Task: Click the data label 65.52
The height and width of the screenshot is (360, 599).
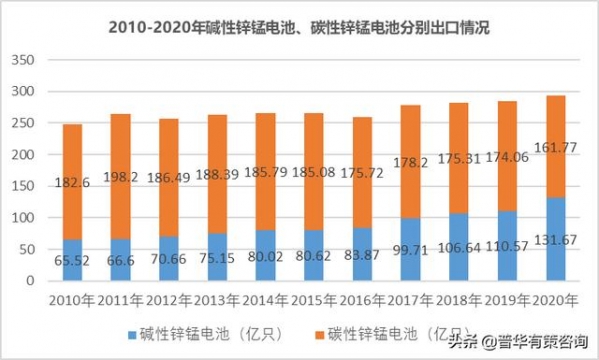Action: click(x=73, y=261)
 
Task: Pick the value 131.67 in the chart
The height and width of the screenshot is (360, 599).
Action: click(x=555, y=261)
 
